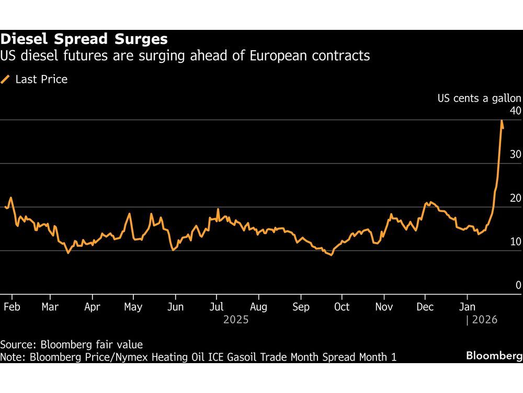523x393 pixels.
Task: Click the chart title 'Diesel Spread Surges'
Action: [84, 39]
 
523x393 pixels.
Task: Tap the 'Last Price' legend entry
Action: [41, 80]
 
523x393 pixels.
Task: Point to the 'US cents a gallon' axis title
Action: [479, 98]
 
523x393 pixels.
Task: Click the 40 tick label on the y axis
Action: [515, 111]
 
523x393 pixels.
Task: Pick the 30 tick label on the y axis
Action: [515, 155]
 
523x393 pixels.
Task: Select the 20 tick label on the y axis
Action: [515, 198]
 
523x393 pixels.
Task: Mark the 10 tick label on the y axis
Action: [515, 242]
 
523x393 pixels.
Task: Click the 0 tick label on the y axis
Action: [518, 285]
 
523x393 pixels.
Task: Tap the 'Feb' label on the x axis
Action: [12, 307]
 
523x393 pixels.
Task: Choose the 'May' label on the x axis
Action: [133, 307]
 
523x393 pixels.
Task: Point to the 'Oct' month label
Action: [342, 307]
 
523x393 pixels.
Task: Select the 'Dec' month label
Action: [425, 307]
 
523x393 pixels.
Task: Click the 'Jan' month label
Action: [467, 307]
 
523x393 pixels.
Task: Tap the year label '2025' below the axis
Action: [235, 320]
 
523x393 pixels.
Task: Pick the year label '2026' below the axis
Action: [484, 320]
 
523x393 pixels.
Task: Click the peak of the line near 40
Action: [502, 121]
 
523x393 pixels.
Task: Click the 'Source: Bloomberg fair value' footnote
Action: [71, 345]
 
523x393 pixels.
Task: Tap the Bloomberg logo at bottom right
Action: [494, 356]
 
